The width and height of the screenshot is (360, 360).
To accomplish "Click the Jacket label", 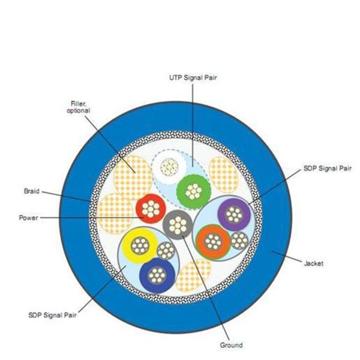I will click(314, 263).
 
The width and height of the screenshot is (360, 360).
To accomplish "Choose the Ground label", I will click(231, 345).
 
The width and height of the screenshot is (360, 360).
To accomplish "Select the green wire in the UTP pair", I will click(193, 190).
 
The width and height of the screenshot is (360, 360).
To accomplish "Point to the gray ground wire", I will click(176, 225).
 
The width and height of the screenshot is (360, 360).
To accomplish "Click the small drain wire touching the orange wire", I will click(239, 241).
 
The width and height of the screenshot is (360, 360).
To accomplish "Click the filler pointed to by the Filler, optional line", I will click(133, 171).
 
